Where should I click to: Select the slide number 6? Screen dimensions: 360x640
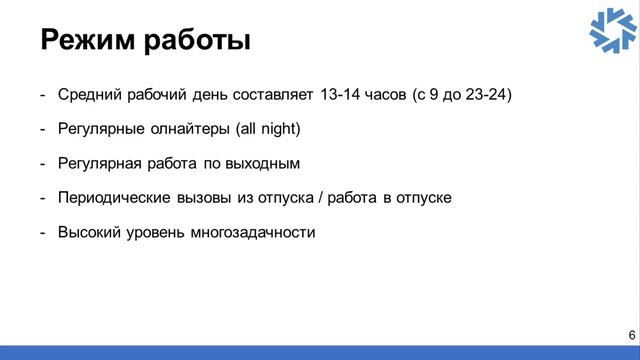coord(631,334)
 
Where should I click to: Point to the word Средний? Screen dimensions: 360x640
coord(88,95)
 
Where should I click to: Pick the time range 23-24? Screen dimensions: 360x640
coord(489,95)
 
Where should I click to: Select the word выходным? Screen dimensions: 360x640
coord(264,163)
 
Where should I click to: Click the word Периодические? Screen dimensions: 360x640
coord(116,197)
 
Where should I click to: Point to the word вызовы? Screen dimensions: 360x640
coord(207,197)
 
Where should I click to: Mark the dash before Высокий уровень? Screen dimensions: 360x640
coord(43,232)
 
